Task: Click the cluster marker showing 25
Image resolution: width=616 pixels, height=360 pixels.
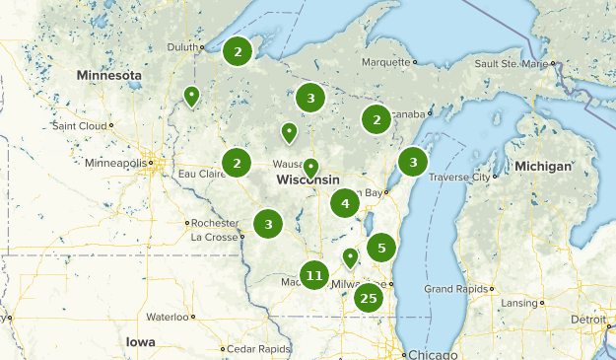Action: (369, 298)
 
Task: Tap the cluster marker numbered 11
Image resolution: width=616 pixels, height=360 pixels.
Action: (314, 276)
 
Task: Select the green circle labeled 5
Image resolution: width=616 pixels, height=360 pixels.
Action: (381, 247)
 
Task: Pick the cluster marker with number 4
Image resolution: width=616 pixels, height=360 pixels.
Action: (344, 204)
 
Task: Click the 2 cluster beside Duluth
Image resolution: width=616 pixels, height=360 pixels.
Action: (237, 51)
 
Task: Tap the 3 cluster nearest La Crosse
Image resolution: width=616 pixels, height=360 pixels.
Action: (267, 224)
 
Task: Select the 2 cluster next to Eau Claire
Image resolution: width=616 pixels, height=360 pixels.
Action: (237, 163)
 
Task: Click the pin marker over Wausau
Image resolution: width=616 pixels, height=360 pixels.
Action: (310, 169)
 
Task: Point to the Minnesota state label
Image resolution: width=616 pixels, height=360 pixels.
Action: (110, 75)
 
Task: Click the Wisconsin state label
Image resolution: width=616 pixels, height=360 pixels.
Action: (308, 180)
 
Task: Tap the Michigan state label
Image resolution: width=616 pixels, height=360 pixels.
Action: (542, 167)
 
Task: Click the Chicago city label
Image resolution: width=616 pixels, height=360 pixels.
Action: (433, 354)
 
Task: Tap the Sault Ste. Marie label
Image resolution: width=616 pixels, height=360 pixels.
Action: (510, 63)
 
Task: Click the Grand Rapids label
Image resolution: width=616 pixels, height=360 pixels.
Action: (452, 289)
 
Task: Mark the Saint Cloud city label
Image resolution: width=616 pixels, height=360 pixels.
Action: (80, 125)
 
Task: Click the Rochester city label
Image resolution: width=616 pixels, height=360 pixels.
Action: (215, 223)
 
